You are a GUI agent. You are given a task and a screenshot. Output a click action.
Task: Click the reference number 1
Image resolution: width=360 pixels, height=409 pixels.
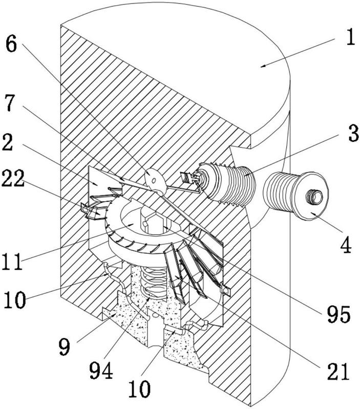point(351,37)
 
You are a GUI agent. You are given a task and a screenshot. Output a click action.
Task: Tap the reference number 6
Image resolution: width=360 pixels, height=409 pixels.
point(11,45)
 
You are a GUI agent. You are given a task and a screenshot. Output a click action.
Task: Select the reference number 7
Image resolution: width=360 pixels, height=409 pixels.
point(10,103)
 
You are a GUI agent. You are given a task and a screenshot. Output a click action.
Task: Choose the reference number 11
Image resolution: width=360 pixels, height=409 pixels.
point(12,262)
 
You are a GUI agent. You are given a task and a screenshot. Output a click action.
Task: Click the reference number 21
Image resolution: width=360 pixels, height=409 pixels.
point(338,371)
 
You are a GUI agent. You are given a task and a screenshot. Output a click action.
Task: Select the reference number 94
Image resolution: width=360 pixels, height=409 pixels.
point(101,370)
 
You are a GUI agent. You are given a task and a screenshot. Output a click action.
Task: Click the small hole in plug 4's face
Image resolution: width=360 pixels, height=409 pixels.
point(315,196)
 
